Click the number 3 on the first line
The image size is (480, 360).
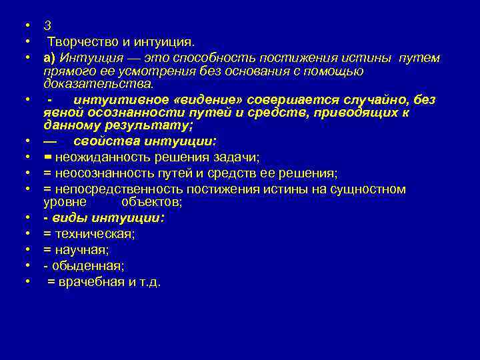[x=47, y=25]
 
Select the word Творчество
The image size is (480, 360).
[x=77, y=42]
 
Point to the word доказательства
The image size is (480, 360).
[x=98, y=83]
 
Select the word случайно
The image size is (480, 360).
[x=377, y=100]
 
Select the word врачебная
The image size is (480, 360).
[x=89, y=281]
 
